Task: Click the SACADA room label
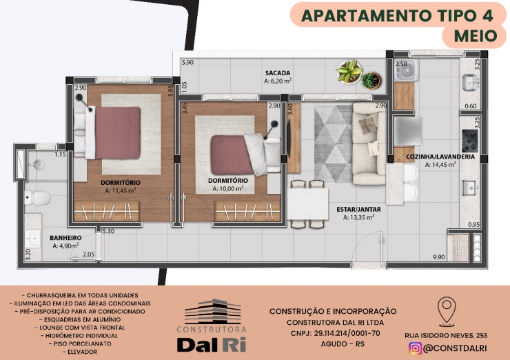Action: click(278, 73)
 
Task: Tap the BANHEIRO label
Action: click(65, 238)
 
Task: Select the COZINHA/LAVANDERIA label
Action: click(440, 157)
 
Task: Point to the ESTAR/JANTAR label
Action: click(358, 209)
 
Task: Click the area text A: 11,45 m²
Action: click(121, 191)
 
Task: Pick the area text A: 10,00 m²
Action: click(228, 188)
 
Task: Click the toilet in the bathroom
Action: click(37, 197)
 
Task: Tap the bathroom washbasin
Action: click(33, 239)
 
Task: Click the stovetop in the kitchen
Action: click(469, 141)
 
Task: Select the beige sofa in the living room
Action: click(369, 143)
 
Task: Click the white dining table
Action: click(307, 203)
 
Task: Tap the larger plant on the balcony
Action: click(349, 72)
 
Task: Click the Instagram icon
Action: click(415, 348)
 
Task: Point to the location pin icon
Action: click(447, 311)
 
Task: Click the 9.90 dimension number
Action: click(438, 257)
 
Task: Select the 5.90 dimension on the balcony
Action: click(187, 62)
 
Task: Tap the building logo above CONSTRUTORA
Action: click(213, 312)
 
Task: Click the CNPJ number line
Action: click(335, 333)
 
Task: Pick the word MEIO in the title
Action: click(476, 36)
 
